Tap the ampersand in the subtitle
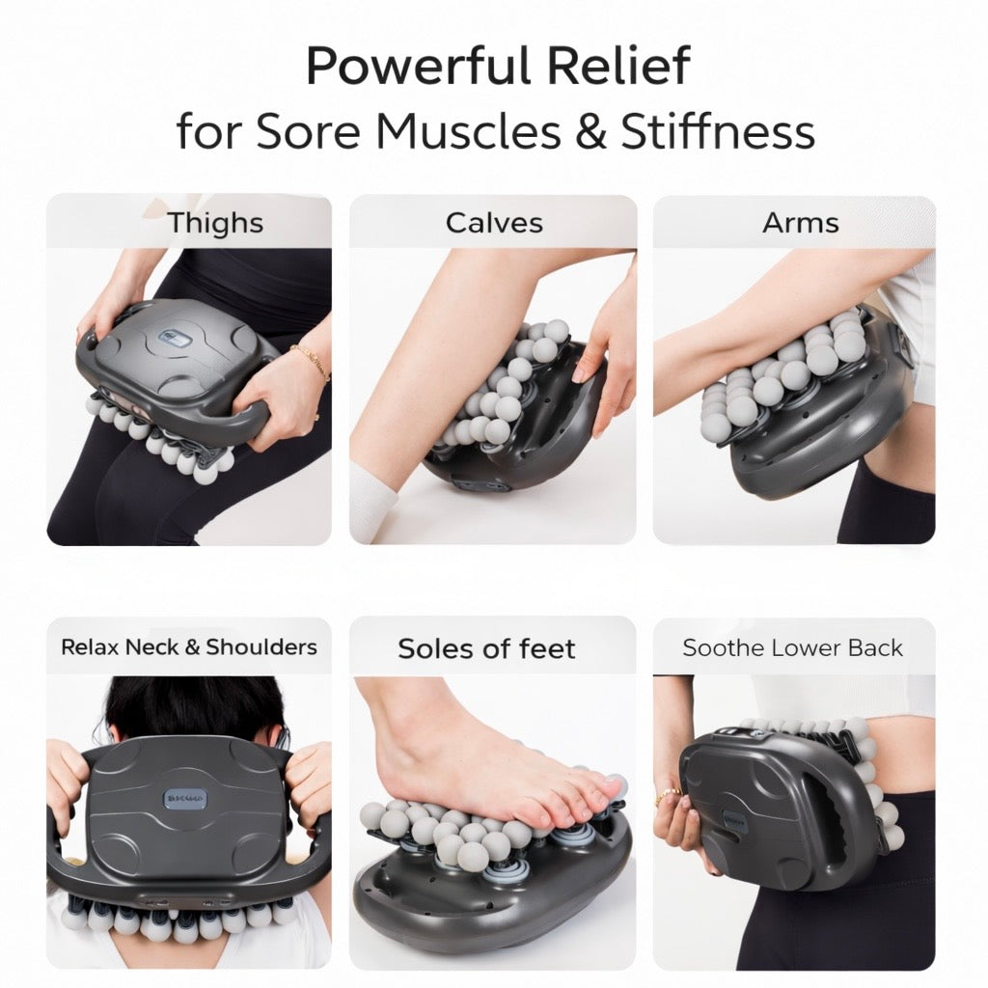pos(590,131)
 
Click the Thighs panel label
pos(215,223)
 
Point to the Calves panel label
pos(494,223)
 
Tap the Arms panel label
pos(800,223)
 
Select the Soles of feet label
pos(486,648)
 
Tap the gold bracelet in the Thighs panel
pos(311,363)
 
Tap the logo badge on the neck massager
pos(184,798)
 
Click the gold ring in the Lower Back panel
pos(668,795)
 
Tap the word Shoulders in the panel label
pos(261,647)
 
